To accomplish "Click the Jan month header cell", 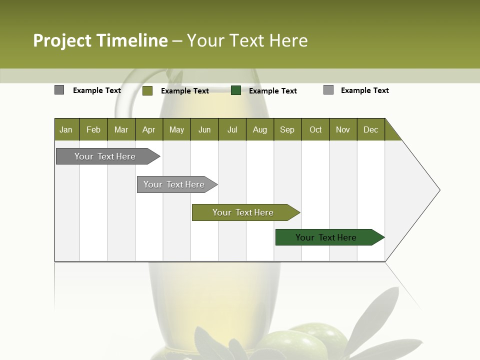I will (66, 129).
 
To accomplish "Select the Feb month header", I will (93, 129).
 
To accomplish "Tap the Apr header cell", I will (148, 129).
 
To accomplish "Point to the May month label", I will (176, 129).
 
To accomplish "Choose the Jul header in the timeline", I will (232, 129).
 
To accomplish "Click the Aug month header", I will (259, 129).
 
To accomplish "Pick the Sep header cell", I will (287, 129).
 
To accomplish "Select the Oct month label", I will (315, 129).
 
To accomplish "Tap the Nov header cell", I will (343, 129).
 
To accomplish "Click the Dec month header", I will (370, 129).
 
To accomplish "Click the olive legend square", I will (147, 90).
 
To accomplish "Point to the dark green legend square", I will (236, 90).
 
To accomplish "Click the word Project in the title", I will (62, 40).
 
